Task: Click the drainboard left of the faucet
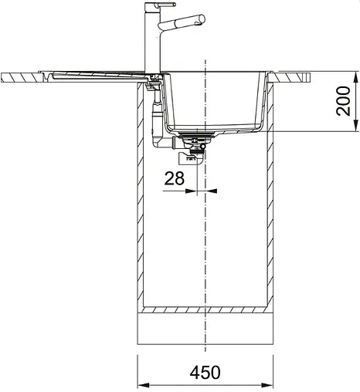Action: [93, 73]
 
